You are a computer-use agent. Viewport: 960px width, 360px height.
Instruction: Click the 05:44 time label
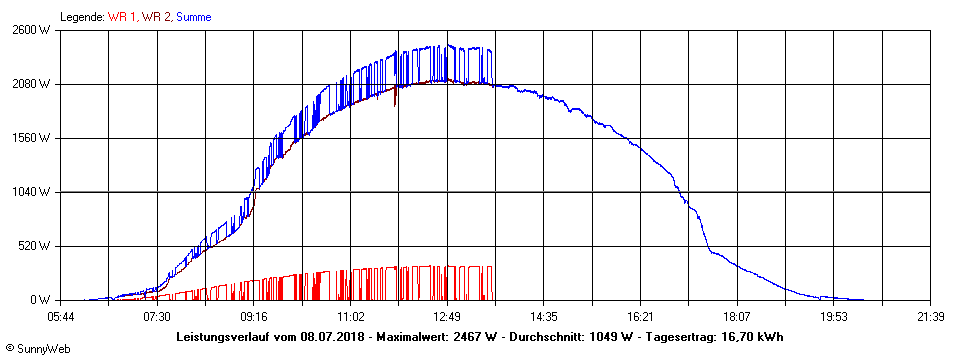click(x=60, y=317)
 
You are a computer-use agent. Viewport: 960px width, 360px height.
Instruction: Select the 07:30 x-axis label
click(x=157, y=317)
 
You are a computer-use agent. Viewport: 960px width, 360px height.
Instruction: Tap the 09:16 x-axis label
click(x=254, y=317)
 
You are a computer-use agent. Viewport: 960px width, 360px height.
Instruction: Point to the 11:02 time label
click(x=350, y=317)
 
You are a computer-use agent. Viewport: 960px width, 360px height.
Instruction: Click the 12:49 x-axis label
click(x=447, y=317)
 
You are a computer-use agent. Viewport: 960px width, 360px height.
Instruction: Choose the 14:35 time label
click(x=544, y=317)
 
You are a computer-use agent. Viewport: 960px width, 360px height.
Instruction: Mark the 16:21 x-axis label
click(x=640, y=317)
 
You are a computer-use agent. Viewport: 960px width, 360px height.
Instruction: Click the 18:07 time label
click(x=737, y=317)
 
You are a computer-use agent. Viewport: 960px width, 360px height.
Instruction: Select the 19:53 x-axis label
click(x=834, y=317)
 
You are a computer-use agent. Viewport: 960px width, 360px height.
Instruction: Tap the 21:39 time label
click(x=930, y=317)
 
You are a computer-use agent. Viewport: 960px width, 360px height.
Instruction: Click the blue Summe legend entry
click(x=193, y=17)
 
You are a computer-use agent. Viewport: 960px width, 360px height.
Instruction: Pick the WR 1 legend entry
click(x=123, y=17)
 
